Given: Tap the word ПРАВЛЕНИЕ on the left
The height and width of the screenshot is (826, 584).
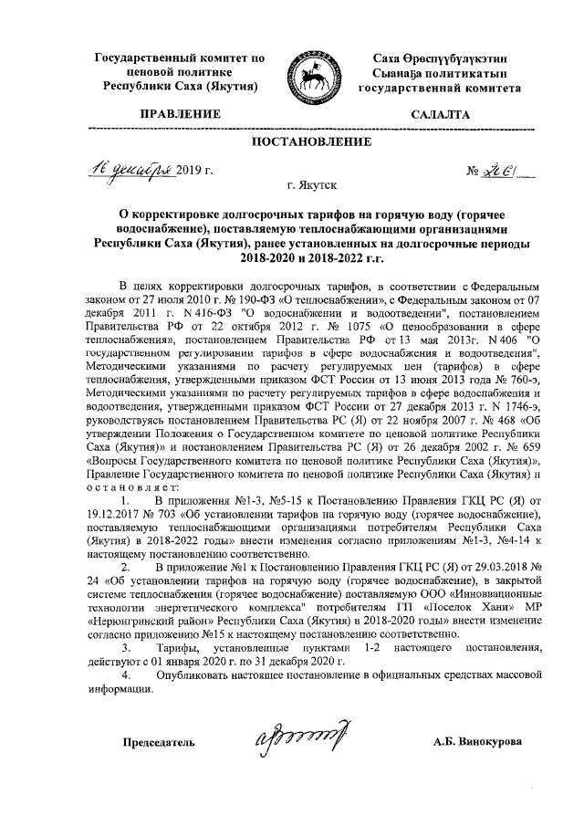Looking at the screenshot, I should (x=179, y=115).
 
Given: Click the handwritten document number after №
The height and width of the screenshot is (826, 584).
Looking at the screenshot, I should (x=497, y=169).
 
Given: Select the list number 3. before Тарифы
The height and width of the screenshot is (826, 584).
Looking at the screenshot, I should (x=126, y=647).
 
